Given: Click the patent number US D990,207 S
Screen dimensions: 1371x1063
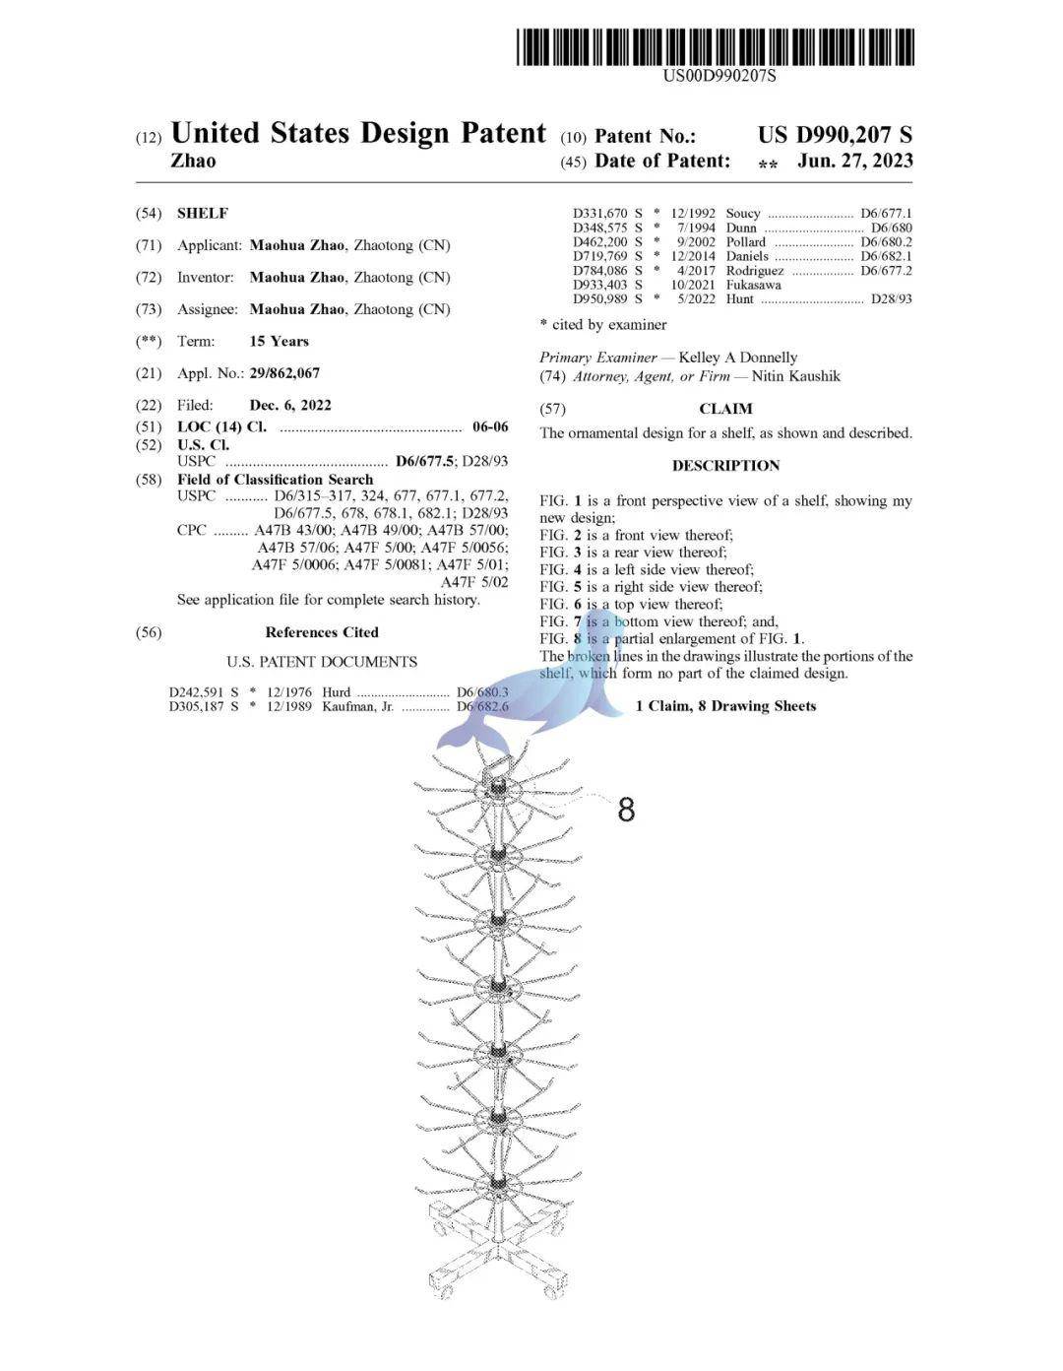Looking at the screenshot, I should (x=835, y=136).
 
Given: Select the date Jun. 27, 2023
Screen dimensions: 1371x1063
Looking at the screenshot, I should (x=854, y=162).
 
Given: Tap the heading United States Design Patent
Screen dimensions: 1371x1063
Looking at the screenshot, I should (x=358, y=133).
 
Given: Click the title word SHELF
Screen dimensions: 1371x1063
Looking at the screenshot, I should (x=202, y=213).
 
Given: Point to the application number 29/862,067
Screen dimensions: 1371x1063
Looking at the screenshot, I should (x=284, y=373).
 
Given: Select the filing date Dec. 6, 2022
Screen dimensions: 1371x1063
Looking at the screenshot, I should (x=290, y=405).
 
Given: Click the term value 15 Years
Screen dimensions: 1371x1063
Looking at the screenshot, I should (x=279, y=341).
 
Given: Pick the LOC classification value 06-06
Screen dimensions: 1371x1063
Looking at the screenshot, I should (x=490, y=426).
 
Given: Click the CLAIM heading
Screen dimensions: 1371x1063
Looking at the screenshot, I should (x=725, y=409).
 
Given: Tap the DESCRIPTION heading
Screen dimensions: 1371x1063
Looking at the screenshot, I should (x=725, y=465).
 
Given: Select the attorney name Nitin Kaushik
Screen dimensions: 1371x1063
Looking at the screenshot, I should (x=796, y=375).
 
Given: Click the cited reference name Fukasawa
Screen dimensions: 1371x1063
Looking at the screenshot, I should (x=754, y=285).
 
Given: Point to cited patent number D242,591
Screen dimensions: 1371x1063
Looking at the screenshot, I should (x=197, y=692).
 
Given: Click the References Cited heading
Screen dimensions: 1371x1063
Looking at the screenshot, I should (x=322, y=632).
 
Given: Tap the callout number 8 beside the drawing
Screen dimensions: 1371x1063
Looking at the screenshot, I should (x=626, y=810).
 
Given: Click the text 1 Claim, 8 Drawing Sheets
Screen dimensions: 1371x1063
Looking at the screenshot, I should (x=725, y=705).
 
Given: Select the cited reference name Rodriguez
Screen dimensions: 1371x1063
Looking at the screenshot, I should (x=755, y=270).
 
